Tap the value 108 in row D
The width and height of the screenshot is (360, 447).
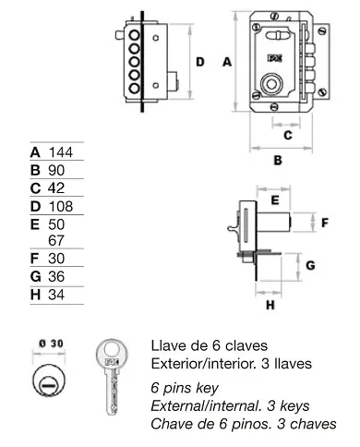coord(61,206)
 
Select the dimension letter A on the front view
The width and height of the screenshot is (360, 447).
coord(226,62)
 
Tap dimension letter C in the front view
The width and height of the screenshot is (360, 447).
coord(287,135)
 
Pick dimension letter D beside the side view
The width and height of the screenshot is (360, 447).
coord(199,62)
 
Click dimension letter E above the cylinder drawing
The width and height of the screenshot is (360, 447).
coord(274,199)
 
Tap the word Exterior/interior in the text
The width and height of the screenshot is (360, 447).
coord(197,362)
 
